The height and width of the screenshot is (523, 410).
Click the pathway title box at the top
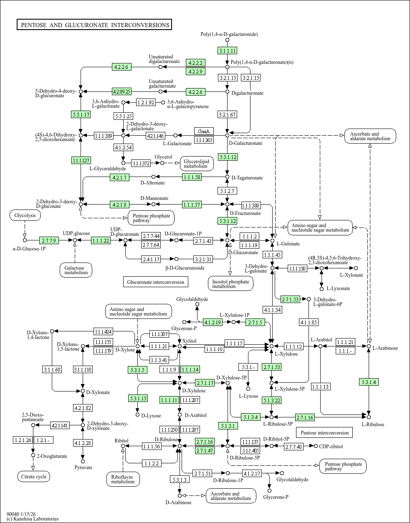point(94,25)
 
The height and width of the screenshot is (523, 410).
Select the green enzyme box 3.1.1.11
point(227,51)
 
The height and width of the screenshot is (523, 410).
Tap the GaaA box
point(204,131)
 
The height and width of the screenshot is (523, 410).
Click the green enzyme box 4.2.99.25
point(121,91)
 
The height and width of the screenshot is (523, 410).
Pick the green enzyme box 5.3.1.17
point(81,114)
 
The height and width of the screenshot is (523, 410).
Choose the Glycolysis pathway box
point(25,215)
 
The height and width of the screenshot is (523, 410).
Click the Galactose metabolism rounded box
point(76,270)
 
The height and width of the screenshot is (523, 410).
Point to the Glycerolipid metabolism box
point(197,163)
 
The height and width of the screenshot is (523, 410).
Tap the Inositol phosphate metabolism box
point(230,284)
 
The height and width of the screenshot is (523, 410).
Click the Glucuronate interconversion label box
point(155,282)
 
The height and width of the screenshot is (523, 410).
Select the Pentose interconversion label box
point(324,433)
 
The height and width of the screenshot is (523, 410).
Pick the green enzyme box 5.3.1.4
point(369,382)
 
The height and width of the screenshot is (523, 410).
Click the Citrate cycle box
point(34,476)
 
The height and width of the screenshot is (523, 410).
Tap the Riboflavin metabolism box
point(123,479)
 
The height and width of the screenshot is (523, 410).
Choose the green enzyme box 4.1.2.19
point(212,322)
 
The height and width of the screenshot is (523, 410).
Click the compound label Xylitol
point(190,341)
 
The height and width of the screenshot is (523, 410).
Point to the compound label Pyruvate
point(83,467)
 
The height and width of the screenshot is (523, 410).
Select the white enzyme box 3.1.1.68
point(52,369)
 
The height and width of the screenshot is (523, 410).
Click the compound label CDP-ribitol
point(331,447)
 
